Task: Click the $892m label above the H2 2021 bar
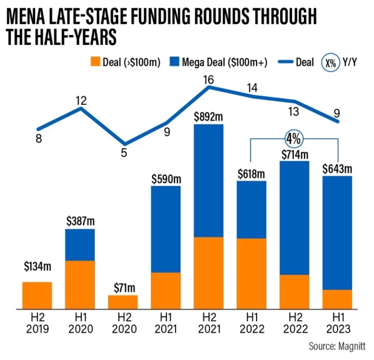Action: click(x=209, y=117)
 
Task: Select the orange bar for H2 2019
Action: click(x=37, y=295)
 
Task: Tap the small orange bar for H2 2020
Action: click(x=123, y=302)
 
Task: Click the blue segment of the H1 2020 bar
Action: click(x=80, y=245)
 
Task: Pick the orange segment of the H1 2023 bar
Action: click(x=337, y=299)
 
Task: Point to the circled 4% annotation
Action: click(x=294, y=139)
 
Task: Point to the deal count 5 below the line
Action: click(x=124, y=152)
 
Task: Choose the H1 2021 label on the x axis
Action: click(x=166, y=324)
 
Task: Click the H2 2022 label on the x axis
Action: click(x=294, y=324)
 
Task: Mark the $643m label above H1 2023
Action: click(x=337, y=169)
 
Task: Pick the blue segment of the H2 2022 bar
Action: click(x=294, y=218)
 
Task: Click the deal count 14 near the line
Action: click(x=252, y=88)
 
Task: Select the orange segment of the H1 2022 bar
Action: click(x=252, y=273)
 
